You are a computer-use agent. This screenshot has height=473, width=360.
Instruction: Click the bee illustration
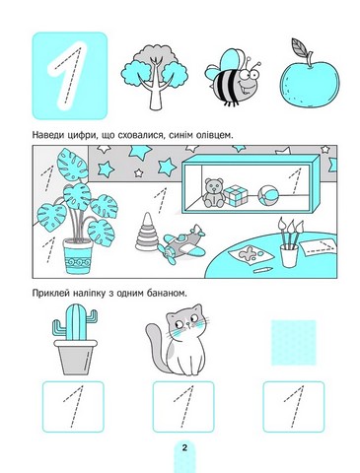point(234,78)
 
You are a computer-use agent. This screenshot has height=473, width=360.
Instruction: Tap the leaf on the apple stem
point(300,48)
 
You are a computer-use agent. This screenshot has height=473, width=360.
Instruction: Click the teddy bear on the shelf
point(214,193)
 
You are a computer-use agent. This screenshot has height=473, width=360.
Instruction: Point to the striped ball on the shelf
point(268,195)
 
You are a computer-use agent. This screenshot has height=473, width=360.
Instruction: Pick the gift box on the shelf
point(236,196)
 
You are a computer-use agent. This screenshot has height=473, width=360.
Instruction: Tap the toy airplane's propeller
point(168,255)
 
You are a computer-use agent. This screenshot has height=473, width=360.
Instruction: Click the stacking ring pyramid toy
point(147,233)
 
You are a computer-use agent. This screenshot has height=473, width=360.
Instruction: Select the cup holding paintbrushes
point(289,255)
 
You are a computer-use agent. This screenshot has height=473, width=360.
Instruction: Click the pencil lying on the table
point(263,270)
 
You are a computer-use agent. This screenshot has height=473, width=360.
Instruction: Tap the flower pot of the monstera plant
point(78,256)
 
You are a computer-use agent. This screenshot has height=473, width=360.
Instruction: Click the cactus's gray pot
point(75,357)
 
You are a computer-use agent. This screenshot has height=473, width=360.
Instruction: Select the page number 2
point(184,447)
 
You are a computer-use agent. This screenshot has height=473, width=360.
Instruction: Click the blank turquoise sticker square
point(294,343)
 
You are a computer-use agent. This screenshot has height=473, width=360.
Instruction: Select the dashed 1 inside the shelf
point(295,181)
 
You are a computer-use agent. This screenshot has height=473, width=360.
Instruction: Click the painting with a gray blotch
point(251,255)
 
